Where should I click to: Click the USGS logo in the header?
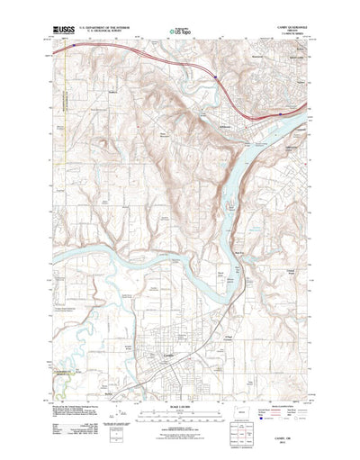(x=66, y=32)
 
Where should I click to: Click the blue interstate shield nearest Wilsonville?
(x=217, y=81)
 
